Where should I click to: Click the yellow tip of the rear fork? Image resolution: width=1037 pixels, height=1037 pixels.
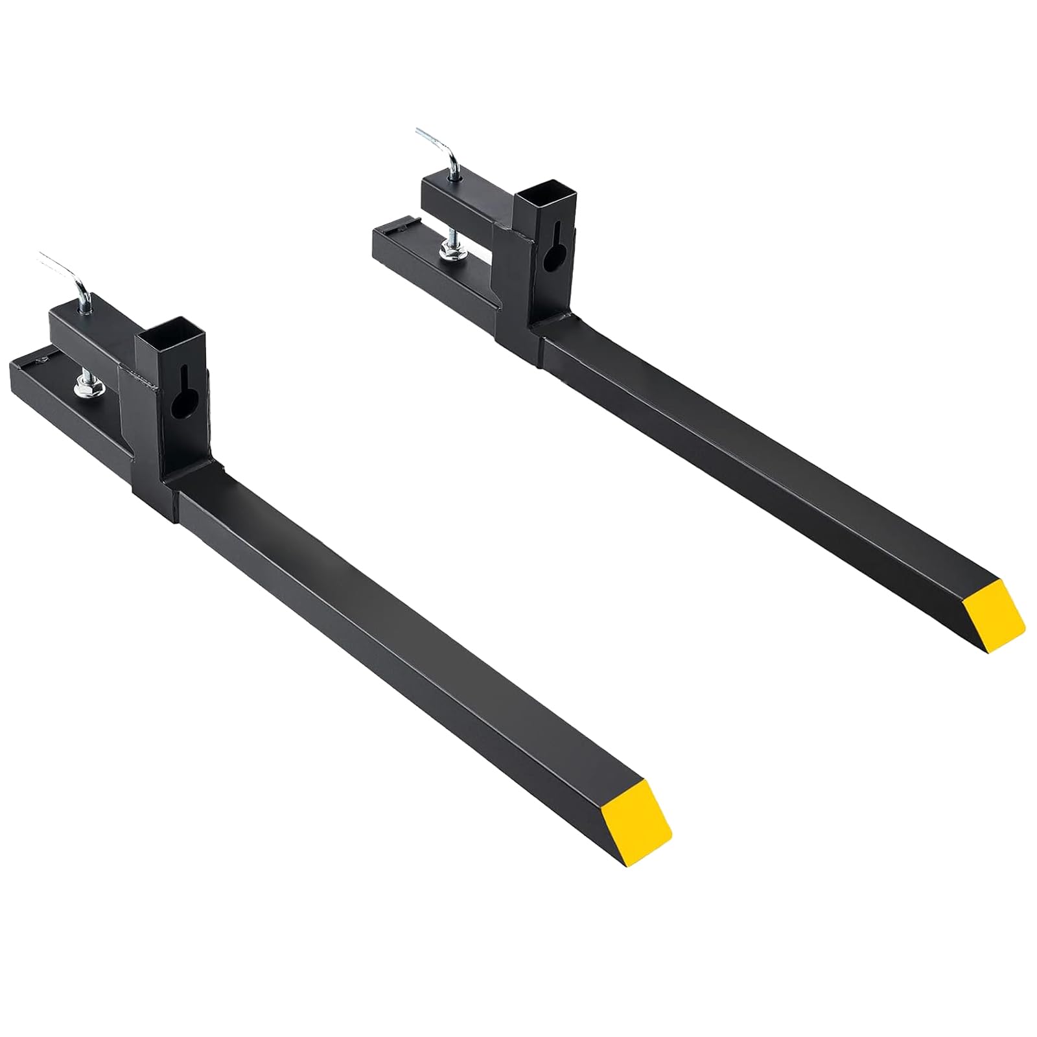pyautogui.click(x=994, y=616)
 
